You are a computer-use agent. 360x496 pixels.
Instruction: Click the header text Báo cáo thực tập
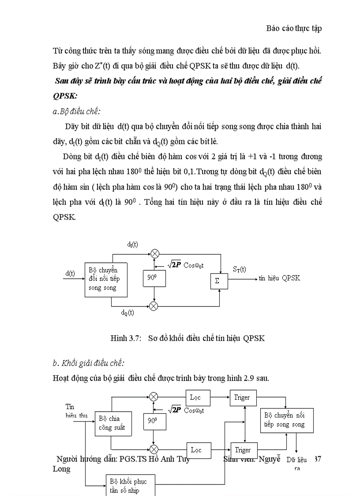tap(294, 28)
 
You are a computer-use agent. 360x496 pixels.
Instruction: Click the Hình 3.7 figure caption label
tap(126, 338)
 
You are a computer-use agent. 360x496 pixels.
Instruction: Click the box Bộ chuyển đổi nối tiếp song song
tap(106, 279)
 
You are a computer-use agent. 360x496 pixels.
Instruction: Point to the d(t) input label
tap(70, 273)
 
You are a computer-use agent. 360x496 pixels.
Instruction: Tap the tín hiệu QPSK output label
tap(279, 278)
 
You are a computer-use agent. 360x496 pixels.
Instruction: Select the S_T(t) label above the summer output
tap(239, 269)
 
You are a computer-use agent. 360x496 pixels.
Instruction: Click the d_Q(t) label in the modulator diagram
tap(127, 312)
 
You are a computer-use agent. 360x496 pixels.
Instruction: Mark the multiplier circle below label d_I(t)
tap(154, 254)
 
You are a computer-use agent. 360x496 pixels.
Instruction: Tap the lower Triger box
tap(243, 450)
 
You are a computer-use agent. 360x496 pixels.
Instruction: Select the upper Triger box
tap(242, 398)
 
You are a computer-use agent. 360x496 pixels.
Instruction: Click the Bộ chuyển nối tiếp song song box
tap(284, 420)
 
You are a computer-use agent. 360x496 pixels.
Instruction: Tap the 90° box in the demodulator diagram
tap(153, 421)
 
